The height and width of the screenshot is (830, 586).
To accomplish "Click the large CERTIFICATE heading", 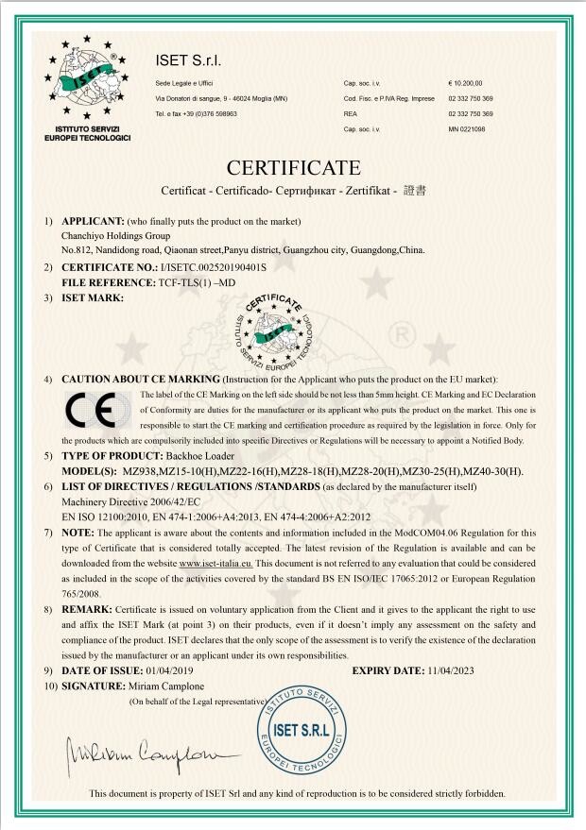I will click(293, 169).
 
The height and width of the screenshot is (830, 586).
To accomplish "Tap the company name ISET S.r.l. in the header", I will click(188, 61).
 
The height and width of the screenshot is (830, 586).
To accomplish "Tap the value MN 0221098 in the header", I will click(466, 128).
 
